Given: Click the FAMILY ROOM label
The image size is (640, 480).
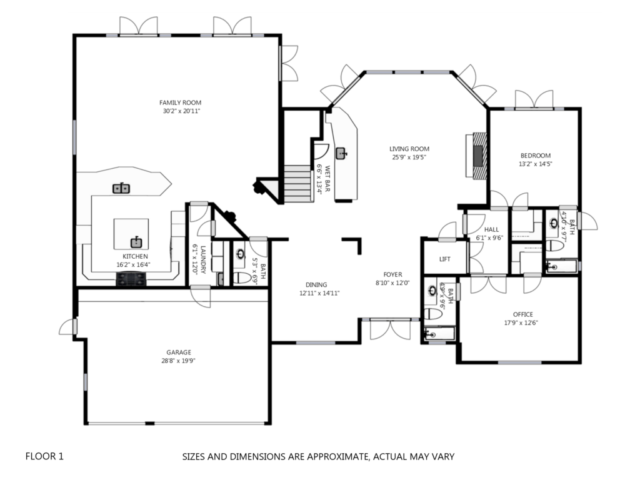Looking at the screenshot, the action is (180, 102).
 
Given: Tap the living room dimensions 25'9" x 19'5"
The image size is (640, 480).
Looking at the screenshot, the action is (409, 157).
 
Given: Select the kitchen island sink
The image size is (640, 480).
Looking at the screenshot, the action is (136, 242).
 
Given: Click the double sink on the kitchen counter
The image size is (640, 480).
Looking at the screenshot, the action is (121, 188).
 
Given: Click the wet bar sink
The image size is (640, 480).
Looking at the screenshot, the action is (341, 154).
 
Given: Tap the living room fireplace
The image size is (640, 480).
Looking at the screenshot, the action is (477, 156).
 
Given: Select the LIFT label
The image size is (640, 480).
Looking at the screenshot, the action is (445, 259).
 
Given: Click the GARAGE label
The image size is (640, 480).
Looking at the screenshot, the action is (178, 352).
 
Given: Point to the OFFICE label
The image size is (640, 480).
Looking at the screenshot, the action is (523, 314).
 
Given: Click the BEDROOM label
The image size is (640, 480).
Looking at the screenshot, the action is (536, 156).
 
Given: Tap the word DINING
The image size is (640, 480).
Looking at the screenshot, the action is (316, 285).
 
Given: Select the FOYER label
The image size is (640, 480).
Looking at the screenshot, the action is (392, 275).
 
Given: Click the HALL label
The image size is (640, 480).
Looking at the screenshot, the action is (491, 229).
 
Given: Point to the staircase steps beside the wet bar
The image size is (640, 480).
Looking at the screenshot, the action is (299, 183).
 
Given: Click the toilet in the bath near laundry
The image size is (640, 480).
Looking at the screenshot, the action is (242, 278).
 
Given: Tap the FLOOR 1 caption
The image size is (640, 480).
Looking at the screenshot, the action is (44, 456).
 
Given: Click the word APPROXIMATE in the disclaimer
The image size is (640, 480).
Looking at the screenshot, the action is (337, 456).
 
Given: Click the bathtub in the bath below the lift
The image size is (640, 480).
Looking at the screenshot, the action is (439, 334).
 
